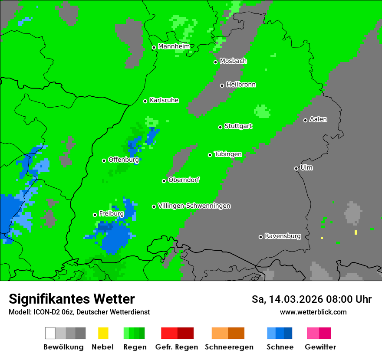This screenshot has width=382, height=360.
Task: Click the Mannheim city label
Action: click(x=174, y=46)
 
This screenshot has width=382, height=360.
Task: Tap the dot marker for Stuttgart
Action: click(x=221, y=127)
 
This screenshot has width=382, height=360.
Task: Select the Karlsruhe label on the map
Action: click(x=164, y=100)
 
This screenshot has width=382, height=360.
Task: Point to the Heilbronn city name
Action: click(x=241, y=85)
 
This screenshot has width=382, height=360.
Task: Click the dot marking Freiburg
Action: click(x=95, y=215)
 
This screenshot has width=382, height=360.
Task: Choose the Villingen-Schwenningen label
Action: click(x=194, y=206)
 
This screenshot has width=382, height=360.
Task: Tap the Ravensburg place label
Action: click(x=283, y=236)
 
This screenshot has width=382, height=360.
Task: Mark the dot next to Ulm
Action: click(x=296, y=168)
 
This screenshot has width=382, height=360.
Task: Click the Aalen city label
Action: click(x=318, y=119)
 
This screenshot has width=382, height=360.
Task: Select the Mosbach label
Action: click(x=233, y=61)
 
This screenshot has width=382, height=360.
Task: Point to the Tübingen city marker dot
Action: click(x=210, y=155)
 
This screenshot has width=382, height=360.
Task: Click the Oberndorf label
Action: click(x=184, y=180)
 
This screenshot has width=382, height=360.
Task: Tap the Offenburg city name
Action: click(x=123, y=160)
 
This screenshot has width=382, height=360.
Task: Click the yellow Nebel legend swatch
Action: click(x=103, y=333)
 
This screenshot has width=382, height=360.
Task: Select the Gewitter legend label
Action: click(x=320, y=347)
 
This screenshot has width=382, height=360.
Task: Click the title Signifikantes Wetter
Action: click(x=72, y=299)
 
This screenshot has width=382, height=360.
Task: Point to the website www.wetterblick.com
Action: click(x=313, y=312)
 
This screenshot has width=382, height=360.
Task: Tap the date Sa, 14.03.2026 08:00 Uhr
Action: click(x=311, y=299)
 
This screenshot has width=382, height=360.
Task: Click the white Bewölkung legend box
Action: click(x=50, y=333)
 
